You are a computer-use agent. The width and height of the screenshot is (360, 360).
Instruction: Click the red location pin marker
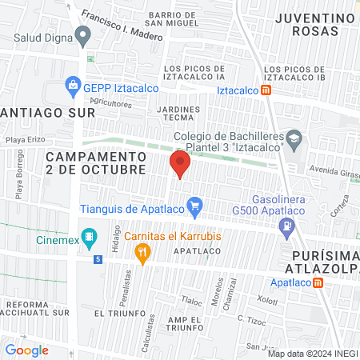tap(180, 166)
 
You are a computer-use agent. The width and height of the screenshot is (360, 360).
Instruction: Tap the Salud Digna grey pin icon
tap(82, 35)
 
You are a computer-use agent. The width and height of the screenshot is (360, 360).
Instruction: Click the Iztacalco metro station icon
tap(266, 90)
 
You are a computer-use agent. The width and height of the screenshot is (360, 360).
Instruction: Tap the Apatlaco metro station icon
tap(318, 282)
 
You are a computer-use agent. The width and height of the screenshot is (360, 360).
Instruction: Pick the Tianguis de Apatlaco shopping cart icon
tap(194, 210)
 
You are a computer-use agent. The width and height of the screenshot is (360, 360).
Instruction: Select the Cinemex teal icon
tap(90, 238)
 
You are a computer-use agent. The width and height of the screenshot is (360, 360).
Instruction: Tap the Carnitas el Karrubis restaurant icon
tap(143, 254)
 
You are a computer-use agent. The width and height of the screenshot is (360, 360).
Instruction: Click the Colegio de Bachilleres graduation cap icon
tap(294, 140)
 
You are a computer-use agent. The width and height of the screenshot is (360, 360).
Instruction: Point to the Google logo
tap(27, 350)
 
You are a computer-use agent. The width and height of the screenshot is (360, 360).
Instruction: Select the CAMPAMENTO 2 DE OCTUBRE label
tap(96, 162)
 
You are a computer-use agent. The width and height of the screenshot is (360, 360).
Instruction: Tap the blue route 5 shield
tap(97, 259)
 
